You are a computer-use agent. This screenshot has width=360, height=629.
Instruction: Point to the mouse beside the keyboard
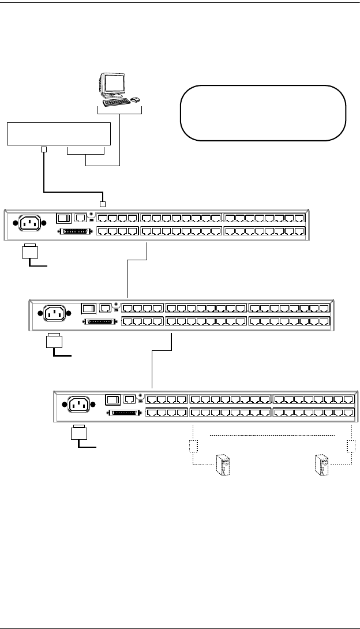135,99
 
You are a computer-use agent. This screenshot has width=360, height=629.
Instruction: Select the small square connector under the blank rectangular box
43,151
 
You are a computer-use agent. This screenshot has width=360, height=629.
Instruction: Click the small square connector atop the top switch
103,203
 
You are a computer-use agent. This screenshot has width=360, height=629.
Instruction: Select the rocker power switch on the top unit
63,218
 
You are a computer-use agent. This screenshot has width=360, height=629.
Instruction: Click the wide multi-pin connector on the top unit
75,232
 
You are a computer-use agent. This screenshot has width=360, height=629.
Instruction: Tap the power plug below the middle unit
53,342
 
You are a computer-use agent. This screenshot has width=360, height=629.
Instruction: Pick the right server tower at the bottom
321,465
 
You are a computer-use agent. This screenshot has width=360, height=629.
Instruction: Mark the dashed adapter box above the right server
350,446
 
